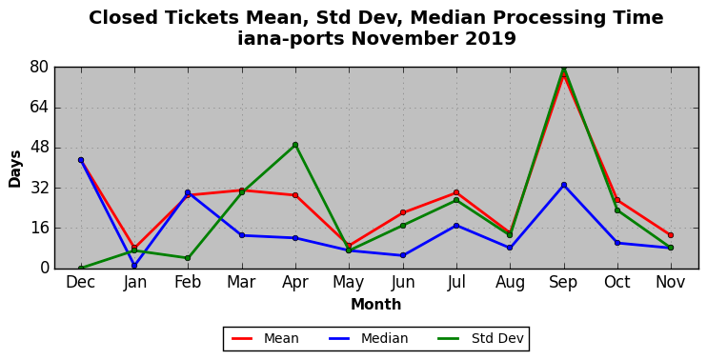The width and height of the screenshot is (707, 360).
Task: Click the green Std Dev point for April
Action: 295,145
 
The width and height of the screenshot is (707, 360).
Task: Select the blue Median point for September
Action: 564,185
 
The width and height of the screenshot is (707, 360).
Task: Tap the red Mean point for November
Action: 671,235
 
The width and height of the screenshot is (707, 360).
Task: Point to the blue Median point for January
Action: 134,266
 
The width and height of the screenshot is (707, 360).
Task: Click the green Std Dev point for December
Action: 81,269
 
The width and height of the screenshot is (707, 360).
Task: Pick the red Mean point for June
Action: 403,212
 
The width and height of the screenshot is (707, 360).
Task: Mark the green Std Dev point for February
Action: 188,258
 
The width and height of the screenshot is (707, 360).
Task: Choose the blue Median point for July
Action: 456,226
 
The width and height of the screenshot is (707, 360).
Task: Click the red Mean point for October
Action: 617,200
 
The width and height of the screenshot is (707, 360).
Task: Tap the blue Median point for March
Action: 242,235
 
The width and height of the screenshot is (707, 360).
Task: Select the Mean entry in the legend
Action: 265,338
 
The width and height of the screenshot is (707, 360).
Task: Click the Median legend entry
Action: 368,338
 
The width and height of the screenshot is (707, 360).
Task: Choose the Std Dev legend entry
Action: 481,338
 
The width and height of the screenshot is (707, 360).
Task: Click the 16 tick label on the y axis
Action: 40,228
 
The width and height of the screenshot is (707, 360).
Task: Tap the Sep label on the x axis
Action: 564,283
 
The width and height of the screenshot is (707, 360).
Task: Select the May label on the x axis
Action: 349,283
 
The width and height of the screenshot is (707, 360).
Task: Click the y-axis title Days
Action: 15,169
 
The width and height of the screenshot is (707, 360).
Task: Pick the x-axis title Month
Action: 375,304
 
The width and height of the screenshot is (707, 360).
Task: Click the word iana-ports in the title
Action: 291,39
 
